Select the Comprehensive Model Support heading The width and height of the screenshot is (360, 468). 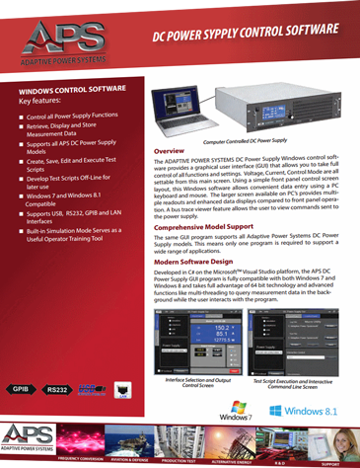pyautogui.click(x=212, y=226)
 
